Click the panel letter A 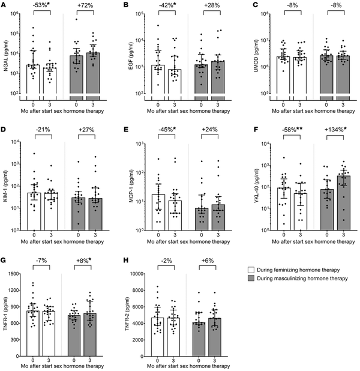pos(4,5)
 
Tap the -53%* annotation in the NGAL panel pos(41,6)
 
